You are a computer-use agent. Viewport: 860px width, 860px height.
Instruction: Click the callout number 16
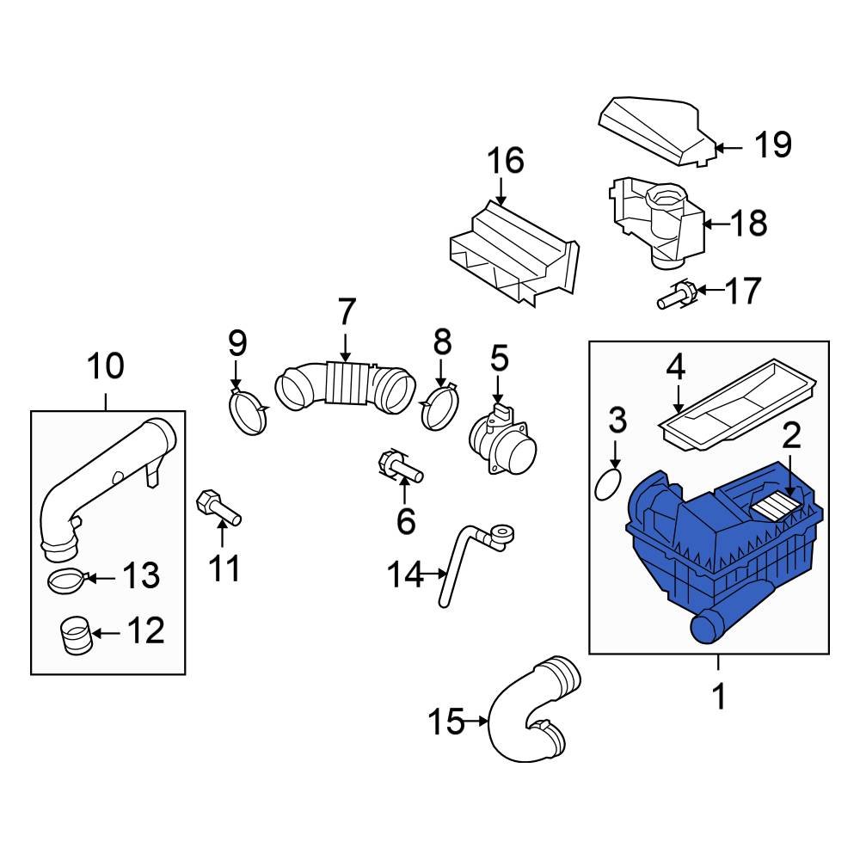tap(506, 161)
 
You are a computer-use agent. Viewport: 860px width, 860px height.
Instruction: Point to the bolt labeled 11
tap(219, 507)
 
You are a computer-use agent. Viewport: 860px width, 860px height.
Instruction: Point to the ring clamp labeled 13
tap(64, 581)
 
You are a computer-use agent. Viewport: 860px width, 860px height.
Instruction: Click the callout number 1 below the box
tap(718, 696)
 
